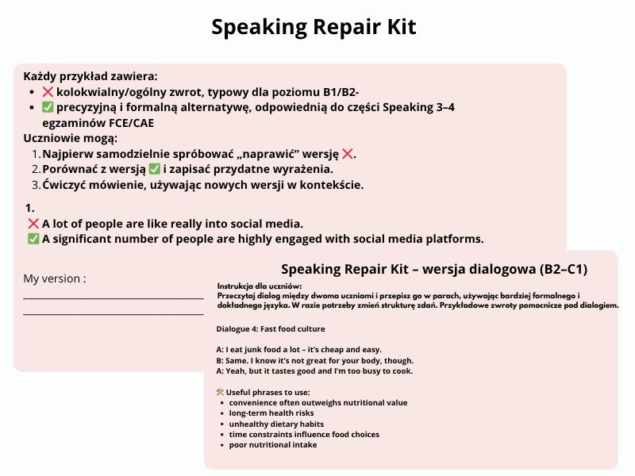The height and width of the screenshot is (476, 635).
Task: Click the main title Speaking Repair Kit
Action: click(x=314, y=27)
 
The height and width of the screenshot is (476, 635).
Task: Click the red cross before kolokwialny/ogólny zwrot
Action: click(x=48, y=92)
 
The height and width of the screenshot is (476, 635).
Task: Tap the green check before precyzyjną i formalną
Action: click(x=48, y=107)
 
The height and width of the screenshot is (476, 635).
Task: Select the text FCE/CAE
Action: click(x=129, y=122)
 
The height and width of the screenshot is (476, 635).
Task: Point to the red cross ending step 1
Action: click(x=348, y=154)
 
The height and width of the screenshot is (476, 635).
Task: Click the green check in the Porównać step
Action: click(x=155, y=169)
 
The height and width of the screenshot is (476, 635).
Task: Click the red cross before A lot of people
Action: click(x=33, y=224)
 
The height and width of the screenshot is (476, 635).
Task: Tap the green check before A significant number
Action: click(x=33, y=239)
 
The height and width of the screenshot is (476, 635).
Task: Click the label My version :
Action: click(x=55, y=278)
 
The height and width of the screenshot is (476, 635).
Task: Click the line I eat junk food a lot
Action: click(x=299, y=350)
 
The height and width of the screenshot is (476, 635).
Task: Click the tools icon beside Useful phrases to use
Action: click(x=220, y=392)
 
